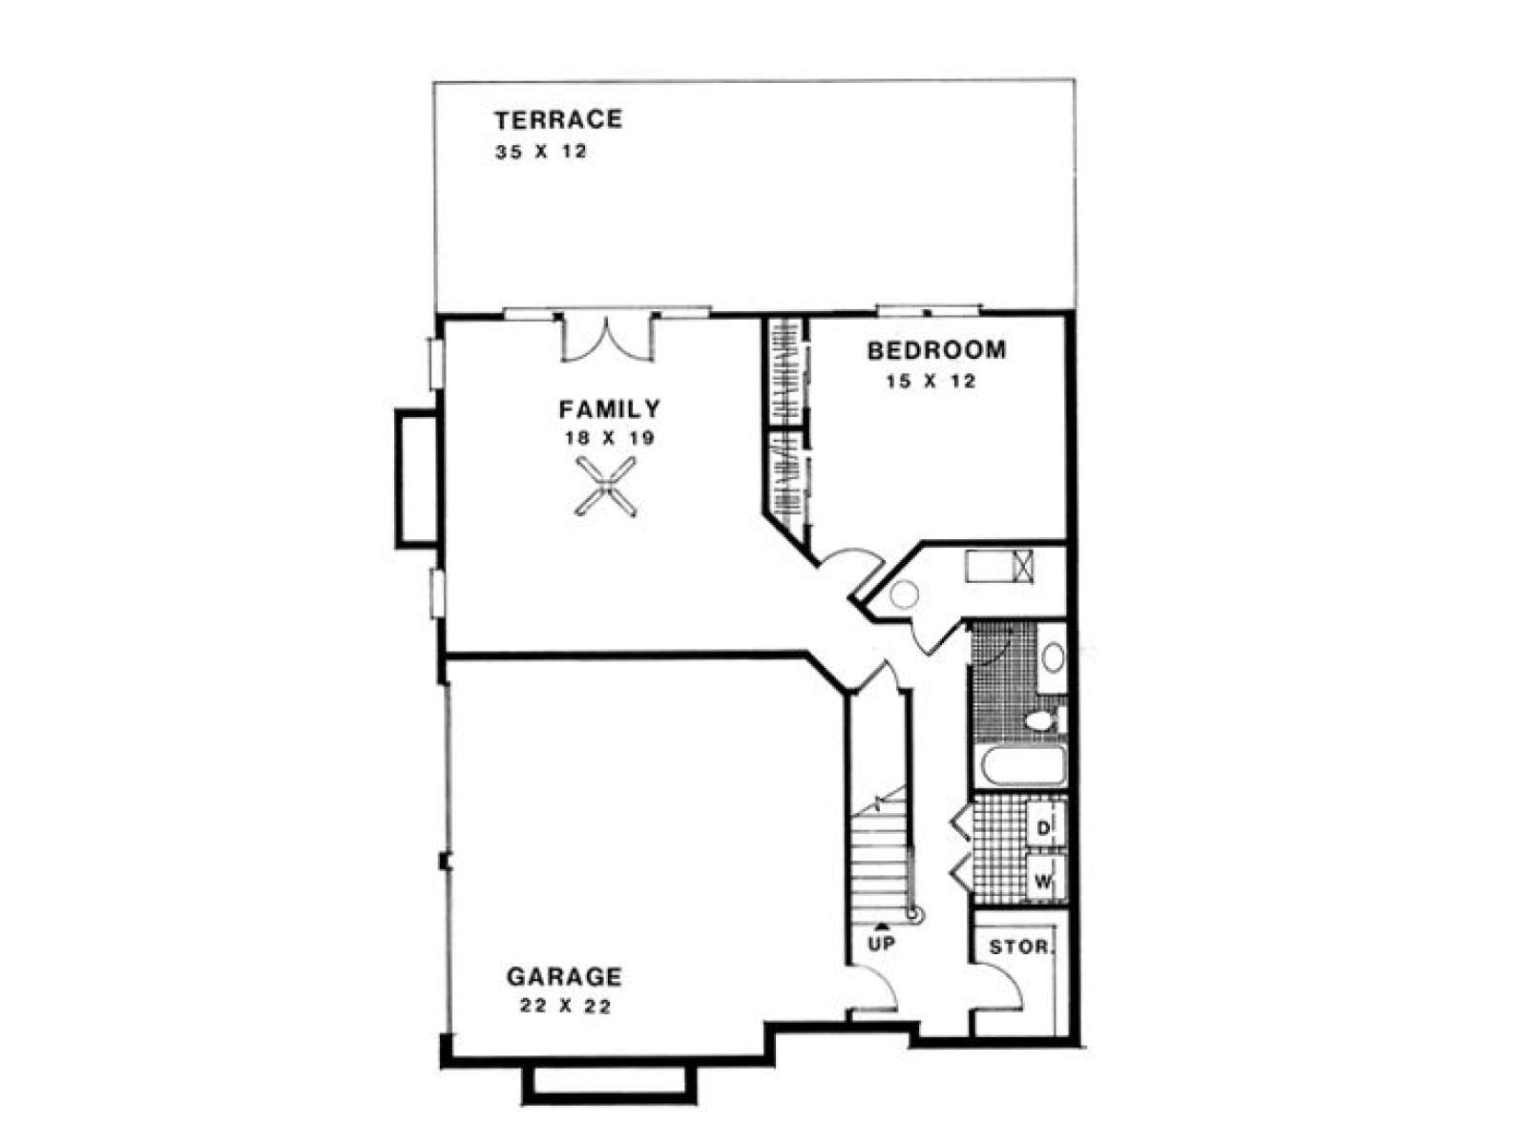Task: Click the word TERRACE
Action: (558, 119)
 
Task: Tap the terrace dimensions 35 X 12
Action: (540, 152)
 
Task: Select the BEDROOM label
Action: (936, 349)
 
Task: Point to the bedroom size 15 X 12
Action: (931, 381)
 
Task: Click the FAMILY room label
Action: (610, 408)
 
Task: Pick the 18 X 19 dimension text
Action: (610, 438)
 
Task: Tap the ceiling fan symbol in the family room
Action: (606, 487)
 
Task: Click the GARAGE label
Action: (563, 977)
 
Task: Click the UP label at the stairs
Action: (882, 944)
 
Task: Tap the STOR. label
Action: (1022, 947)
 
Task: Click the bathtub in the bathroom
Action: (1023, 766)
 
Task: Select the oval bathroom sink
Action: (1053, 657)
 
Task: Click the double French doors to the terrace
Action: (607, 340)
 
